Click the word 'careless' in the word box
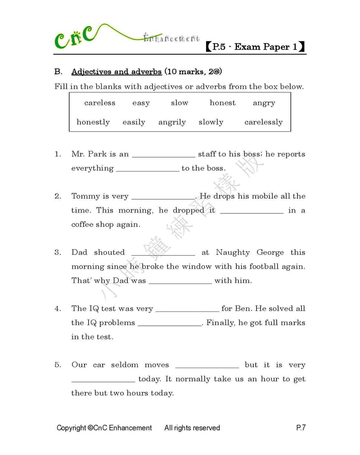coord(99,103)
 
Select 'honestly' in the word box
coord(93,122)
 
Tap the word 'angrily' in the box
coord(172,122)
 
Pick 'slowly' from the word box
coord(211,122)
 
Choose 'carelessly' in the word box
coord(263,122)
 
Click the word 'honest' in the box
coord(222,103)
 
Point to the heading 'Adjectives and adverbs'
coord(117,72)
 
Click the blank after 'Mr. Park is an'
coord(163,154)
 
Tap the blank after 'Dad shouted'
coord(163,252)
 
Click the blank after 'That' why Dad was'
coord(180,281)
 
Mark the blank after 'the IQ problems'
coord(169,323)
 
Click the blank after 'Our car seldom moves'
coord(207,365)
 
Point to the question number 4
coord(58,309)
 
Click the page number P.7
coord(301,428)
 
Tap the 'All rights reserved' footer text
coord(192,428)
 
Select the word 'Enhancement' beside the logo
coord(171,39)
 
